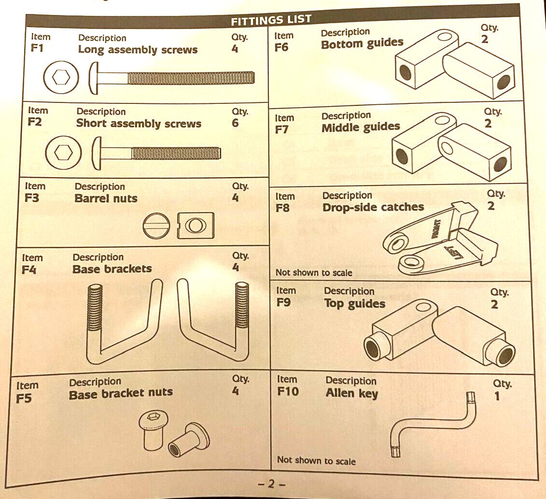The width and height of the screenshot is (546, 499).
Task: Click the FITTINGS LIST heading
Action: tap(271, 20)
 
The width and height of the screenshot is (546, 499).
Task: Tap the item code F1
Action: tap(37, 48)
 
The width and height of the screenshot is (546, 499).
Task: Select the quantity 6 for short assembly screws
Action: tap(236, 123)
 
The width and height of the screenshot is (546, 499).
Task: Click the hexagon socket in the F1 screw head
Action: tap(61, 77)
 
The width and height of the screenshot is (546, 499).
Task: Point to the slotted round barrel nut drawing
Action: tap(156, 226)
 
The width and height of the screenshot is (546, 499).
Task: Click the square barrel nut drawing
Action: tap(196, 225)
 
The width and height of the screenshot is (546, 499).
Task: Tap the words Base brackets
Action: tap(112, 269)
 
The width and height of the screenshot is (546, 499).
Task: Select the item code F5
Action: tap(24, 398)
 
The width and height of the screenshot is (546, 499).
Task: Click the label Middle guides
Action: tap(361, 127)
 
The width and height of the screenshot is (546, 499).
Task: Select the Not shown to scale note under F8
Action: tap(314, 272)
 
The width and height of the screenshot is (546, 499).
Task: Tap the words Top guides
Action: tap(354, 304)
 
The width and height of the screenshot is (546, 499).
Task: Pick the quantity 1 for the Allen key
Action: tap(497, 396)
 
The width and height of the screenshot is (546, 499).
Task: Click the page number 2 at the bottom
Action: tap(271, 484)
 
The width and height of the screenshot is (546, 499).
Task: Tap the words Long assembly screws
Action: tap(138, 49)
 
